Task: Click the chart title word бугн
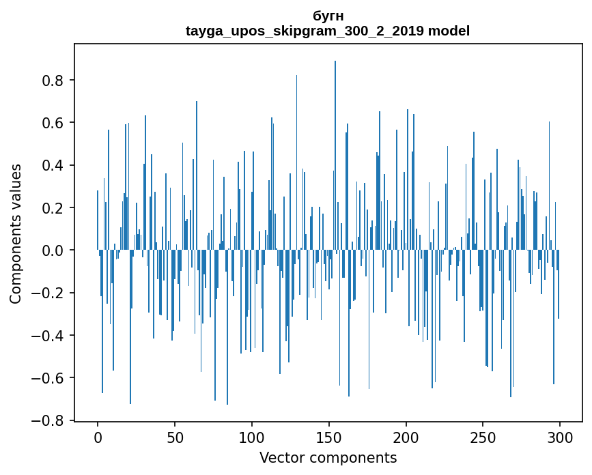point(328,16)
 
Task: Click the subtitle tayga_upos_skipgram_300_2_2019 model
point(328,31)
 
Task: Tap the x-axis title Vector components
point(328,458)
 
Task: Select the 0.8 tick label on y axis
point(54,81)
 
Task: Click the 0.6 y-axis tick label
point(54,123)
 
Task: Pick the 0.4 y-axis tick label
point(54,165)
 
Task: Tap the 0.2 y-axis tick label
point(54,208)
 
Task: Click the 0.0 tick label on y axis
point(54,250)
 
